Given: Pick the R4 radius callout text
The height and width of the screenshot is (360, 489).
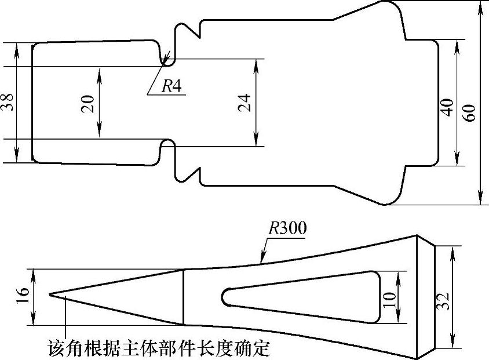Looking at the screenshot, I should [x=171, y=86].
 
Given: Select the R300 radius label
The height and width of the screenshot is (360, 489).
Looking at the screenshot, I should [x=287, y=228].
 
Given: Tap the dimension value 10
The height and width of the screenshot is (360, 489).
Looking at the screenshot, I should [x=389, y=299].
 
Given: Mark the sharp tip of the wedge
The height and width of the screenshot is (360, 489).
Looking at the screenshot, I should [x=50, y=294].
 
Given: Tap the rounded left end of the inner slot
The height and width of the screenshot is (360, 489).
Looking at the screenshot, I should [x=225, y=296].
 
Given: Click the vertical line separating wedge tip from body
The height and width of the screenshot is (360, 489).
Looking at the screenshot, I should [x=184, y=297].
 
